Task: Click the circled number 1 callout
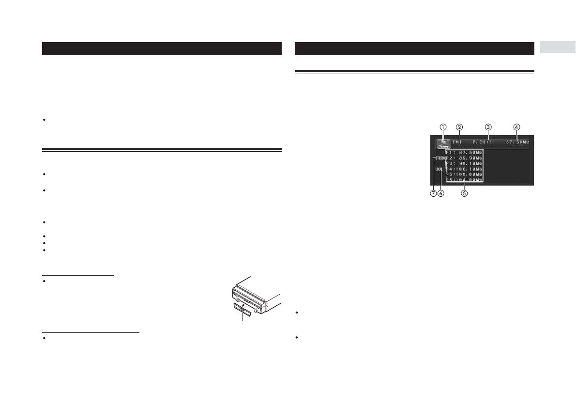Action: coord(442,126)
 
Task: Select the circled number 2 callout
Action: coord(459,126)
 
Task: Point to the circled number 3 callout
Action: coord(488,126)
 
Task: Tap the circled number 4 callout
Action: coord(517,126)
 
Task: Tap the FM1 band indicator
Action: coord(457,142)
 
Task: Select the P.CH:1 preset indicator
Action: coord(482,142)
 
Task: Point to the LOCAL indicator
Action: coord(439,169)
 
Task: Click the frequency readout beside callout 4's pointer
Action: coord(515,142)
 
